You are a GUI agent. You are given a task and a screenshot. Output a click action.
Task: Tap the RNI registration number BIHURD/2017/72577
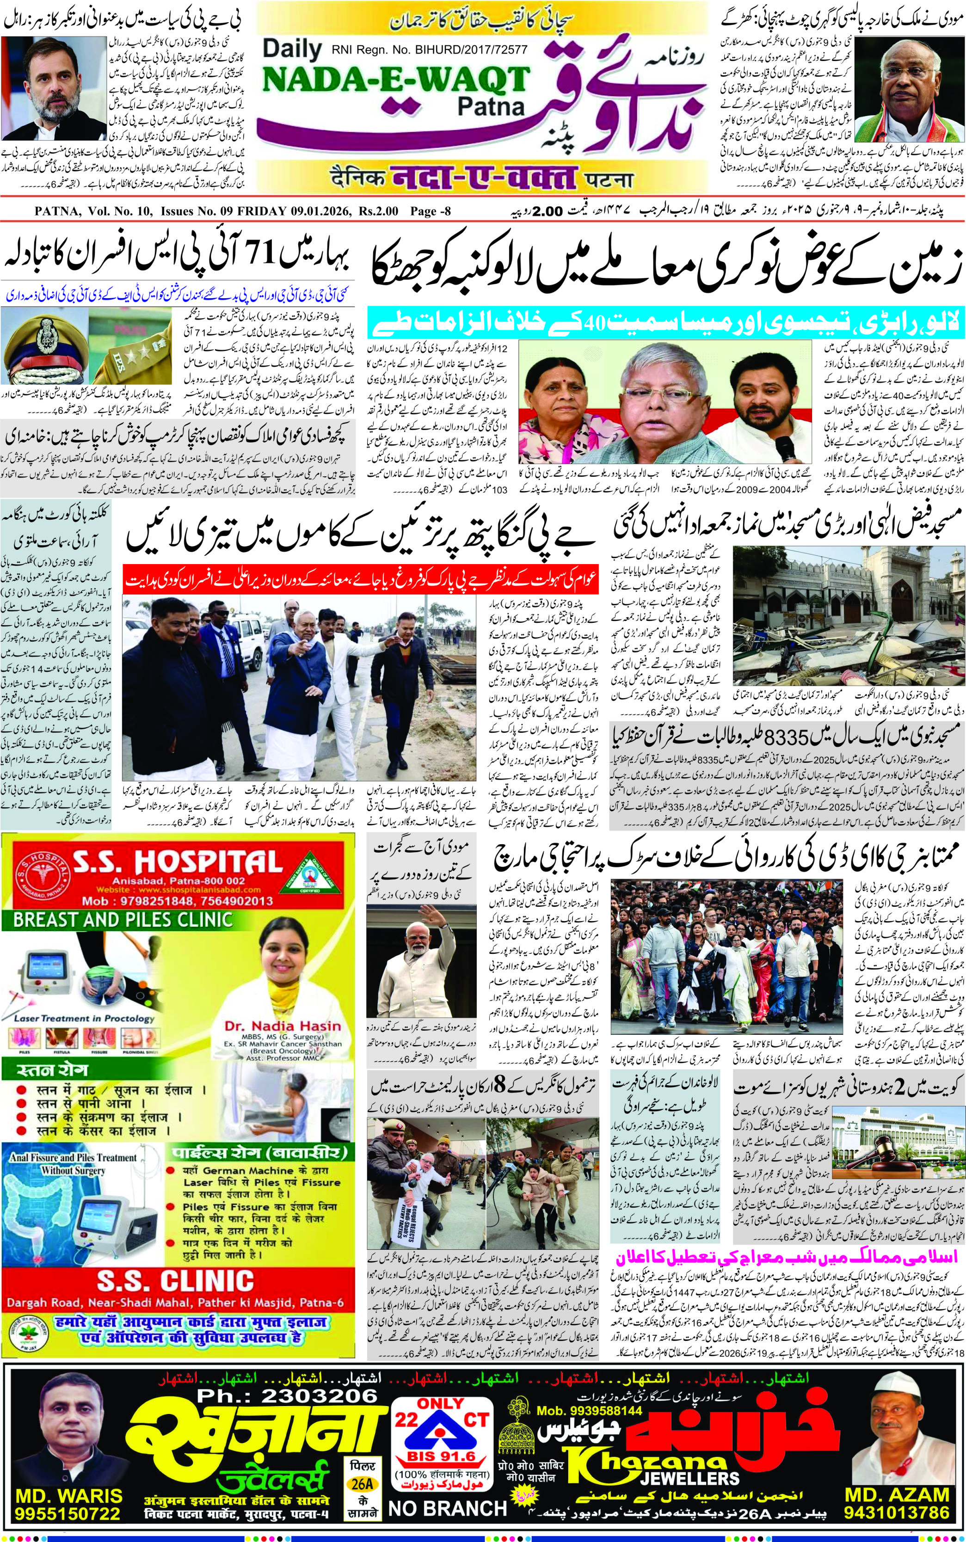pyautogui.click(x=429, y=49)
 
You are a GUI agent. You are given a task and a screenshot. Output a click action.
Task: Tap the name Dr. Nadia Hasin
pyautogui.click(x=283, y=1026)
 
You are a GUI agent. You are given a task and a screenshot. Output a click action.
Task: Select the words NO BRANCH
pyautogui.click(x=447, y=1509)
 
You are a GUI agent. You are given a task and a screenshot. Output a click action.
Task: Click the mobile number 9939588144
pyautogui.click(x=589, y=1405)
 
